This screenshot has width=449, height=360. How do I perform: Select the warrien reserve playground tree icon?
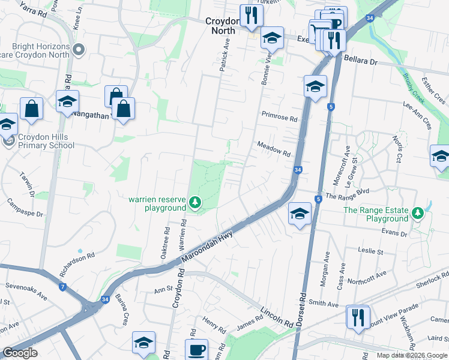pos(194,204)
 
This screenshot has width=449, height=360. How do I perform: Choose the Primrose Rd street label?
pos(279,119)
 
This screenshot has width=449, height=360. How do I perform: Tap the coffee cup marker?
pos(196,350)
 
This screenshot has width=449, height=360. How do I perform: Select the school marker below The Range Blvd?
pos(299,213)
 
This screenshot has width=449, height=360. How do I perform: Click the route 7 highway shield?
pos(63,287)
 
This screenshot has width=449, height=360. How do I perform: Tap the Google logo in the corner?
pos(20,353)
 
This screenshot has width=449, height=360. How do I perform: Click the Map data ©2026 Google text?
pos(411,355)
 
